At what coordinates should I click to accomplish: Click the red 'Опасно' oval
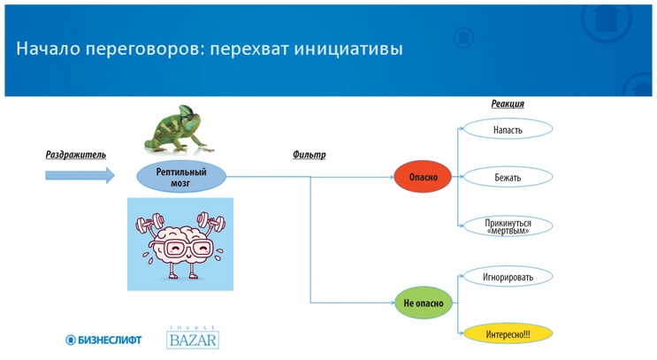click(423, 177)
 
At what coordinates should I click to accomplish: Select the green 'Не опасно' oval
click(424, 303)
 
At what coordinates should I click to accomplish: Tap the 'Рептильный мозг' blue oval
click(181, 177)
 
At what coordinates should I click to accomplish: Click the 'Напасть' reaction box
click(508, 130)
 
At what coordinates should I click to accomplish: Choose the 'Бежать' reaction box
click(508, 178)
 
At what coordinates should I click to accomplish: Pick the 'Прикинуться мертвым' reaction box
click(508, 226)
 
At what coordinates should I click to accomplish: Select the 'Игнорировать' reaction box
click(508, 277)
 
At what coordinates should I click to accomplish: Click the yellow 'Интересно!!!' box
click(508, 334)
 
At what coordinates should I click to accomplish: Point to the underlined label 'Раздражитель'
click(76, 156)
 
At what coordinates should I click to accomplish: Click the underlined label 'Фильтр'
click(309, 156)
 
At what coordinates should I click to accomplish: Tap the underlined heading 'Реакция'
click(508, 104)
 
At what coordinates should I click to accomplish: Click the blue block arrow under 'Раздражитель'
click(80, 175)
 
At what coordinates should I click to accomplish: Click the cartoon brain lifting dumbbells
click(180, 244)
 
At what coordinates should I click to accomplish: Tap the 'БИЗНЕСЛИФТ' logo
click(104, 340)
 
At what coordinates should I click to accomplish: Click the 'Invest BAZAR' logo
click(193, 337)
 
